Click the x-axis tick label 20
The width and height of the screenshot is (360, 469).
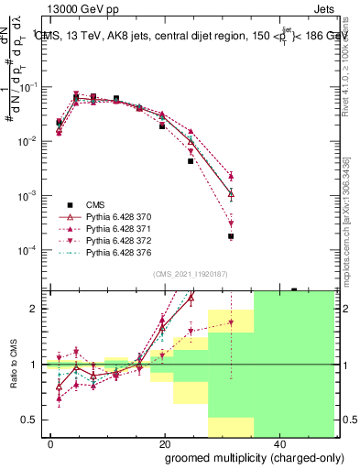pyautogui.click(x=164, y=442)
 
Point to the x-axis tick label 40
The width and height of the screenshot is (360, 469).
pyautogui.click(x=277, y=442)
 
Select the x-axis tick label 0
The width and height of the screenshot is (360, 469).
pyautogui.click(x=51, y=442)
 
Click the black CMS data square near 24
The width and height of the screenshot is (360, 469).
pyautogui.click(x=191, y=161)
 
